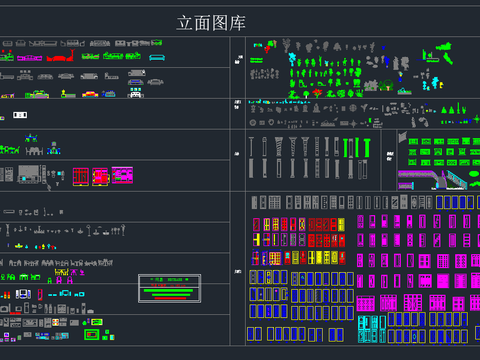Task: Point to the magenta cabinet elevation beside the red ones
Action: [122, 176]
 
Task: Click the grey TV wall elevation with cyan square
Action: [28, 175]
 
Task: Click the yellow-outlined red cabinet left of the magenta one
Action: [100, 176]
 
